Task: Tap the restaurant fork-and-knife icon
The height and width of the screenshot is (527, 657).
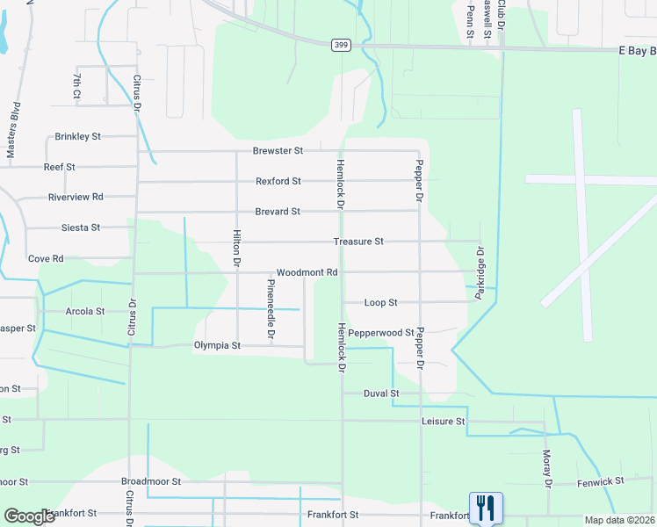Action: (486, 508)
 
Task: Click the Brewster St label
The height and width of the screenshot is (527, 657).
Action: (278, 151)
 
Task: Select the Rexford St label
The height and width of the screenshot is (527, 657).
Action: (278, 181)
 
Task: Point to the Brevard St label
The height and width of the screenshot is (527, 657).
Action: (278, 212)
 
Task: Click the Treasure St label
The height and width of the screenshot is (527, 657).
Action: (358, 242)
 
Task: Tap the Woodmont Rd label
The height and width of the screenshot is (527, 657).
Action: (307, 273)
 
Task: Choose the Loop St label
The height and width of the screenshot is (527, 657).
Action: (381, 302)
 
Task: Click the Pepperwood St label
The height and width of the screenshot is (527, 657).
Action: (381, 333)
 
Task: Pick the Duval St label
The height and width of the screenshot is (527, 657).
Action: (381, 393)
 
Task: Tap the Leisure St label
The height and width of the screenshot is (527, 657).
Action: (443, 422)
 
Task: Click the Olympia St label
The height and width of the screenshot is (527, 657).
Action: (217, 346)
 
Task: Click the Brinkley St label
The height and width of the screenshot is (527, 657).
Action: (78, 137)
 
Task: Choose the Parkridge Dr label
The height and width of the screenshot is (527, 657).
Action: (480, 273)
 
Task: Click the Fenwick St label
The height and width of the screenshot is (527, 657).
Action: (601, 481)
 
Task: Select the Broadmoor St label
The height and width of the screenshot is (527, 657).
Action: (151, 482)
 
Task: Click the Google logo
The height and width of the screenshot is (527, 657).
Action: (30, 516)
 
